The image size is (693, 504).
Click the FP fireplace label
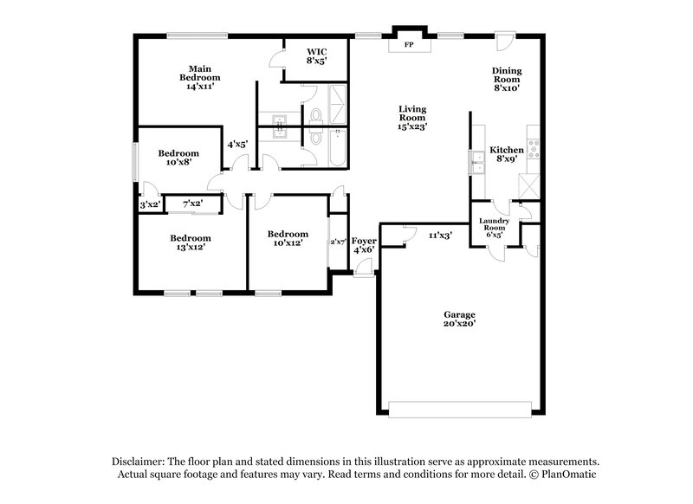[409, 42]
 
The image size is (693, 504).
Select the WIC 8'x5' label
[316, 57]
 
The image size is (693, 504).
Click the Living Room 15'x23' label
[411, 117]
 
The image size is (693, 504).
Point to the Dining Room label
[507, 79]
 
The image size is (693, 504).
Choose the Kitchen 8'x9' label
[507, 154]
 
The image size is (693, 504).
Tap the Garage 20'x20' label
[461, 319]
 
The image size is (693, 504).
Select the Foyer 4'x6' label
[363, 245]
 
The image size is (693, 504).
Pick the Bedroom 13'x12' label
[190, 242]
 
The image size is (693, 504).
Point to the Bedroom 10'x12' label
[287, 238]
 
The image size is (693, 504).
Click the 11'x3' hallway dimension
[441, 234]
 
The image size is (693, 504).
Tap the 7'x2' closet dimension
[191, 204]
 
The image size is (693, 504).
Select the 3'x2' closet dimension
[150, 204]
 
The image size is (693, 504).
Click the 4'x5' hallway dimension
[237, 145]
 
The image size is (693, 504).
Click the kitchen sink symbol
[477, 160]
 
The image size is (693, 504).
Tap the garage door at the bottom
[461, 408]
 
